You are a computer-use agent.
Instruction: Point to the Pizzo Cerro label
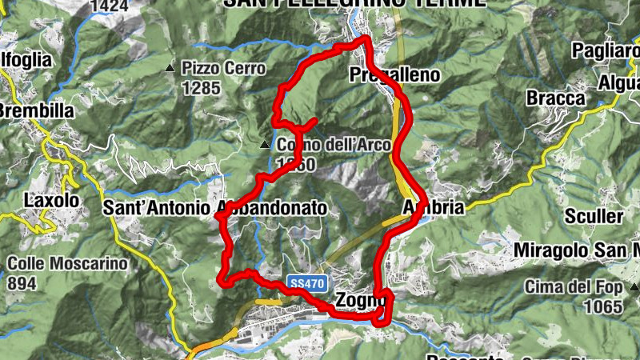(x=223, y=68)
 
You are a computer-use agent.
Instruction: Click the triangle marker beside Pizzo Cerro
(x=170, y=69)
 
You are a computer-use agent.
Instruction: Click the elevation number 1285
(x=200, y=88)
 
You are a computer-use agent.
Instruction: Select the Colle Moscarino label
(x=68, y=262)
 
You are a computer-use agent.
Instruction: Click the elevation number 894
(x=24, y=282)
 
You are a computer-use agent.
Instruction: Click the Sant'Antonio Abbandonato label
(x=215, y=208)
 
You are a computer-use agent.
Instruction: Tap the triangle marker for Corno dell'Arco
(x=266, y=145)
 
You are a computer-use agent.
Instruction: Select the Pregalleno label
(x=395, y=75)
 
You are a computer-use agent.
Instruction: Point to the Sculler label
(x=594, y=216)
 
